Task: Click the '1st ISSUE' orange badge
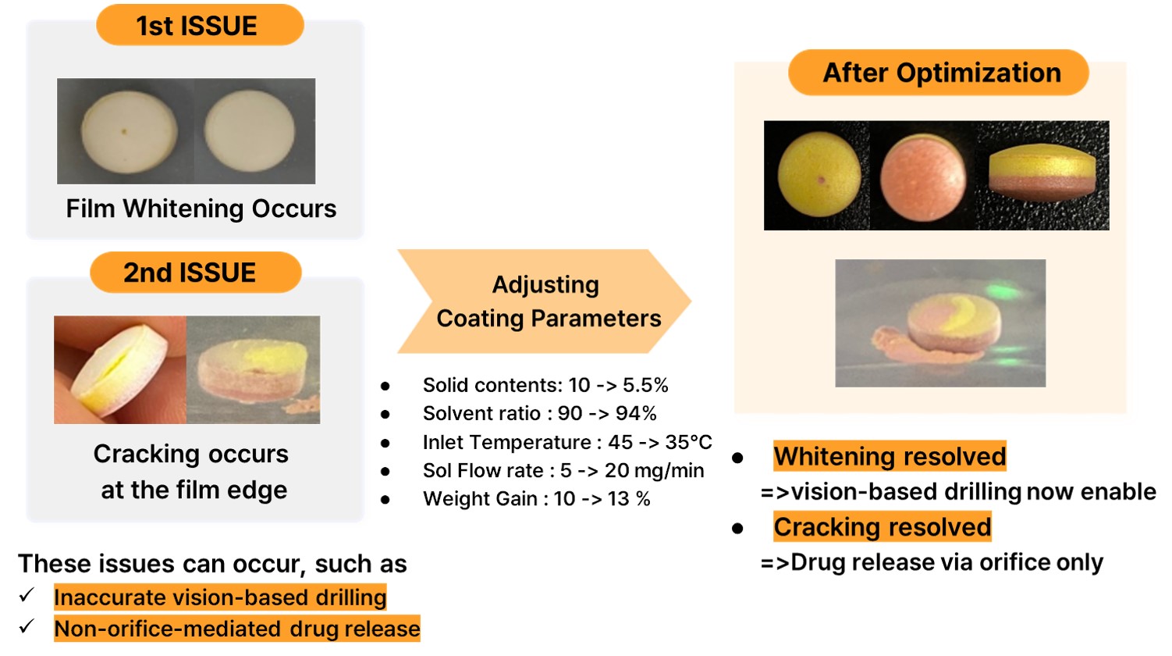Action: (x=200, y=25)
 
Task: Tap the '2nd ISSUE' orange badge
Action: (x=196, y=273)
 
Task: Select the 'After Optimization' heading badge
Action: (x=939, y=73)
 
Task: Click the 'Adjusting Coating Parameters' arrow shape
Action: (x=544, y=301)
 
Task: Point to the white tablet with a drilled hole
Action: (x=129, y=132)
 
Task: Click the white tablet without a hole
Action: (x=250, y=131)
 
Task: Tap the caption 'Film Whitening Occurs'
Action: (x=201, y=209)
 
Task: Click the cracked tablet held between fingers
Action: (x=119, y=369)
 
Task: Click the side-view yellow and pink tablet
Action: (x=1042, y=172)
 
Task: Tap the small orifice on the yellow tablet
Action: (x=822, y=180)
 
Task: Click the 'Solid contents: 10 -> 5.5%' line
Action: (x=545, y=385)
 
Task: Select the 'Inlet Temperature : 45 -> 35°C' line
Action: (x=567, y=442)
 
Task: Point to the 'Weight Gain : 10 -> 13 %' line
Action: (x=536, y=499)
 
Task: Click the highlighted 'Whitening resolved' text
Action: (x=890, y=456)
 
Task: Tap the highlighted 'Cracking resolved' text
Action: (x=883, y=526)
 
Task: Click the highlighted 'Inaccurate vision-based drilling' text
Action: (x=220, y=597)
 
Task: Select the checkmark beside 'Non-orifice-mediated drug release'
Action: (x=27, y=626)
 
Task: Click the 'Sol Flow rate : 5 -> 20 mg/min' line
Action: (x=563, y=471)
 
